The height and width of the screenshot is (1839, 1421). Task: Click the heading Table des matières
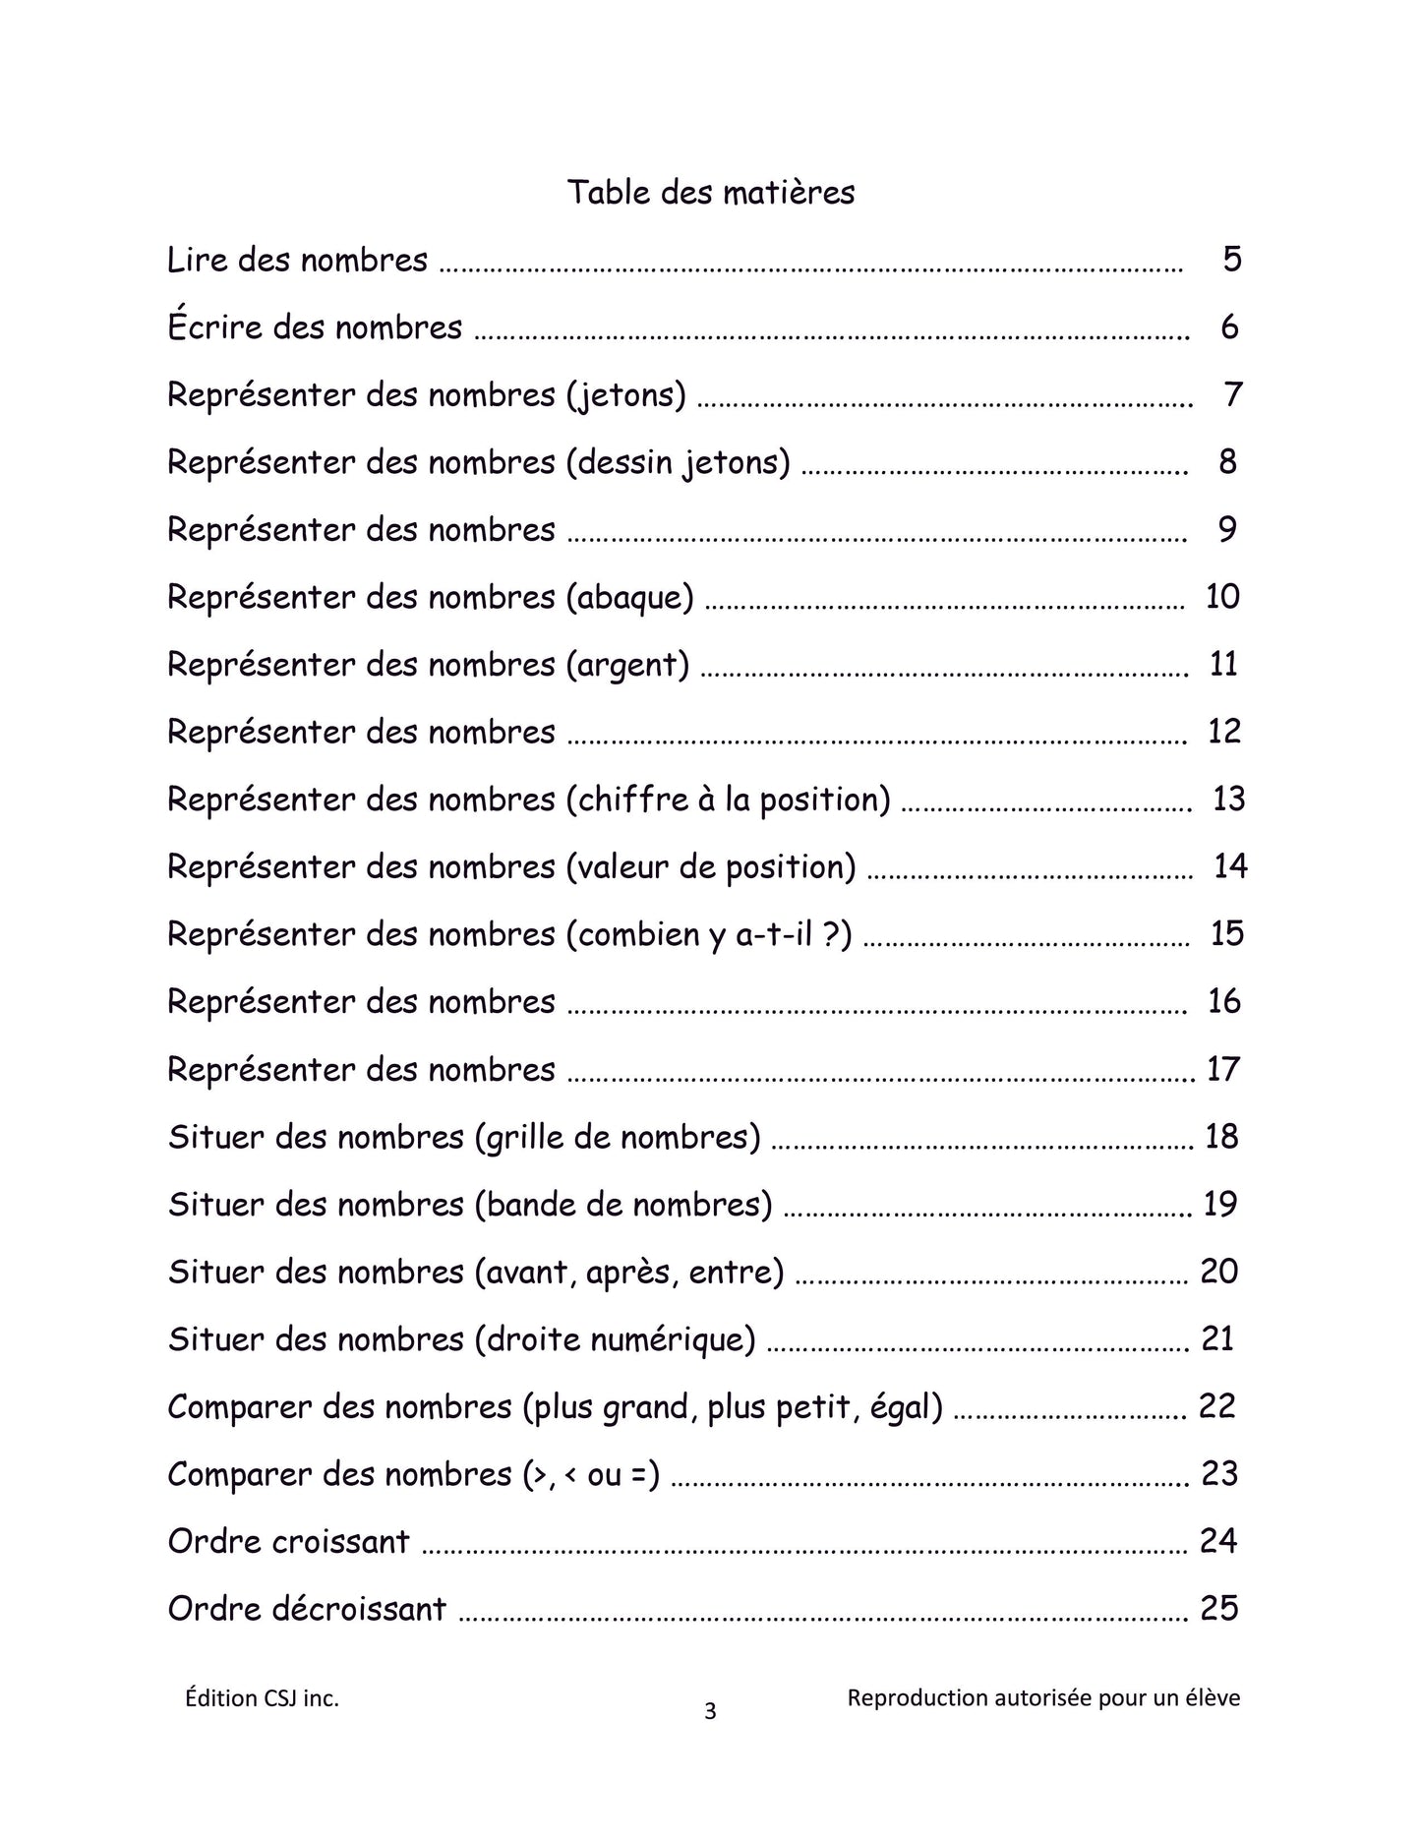pos(710,192)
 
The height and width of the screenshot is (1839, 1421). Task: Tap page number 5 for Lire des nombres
pos(1232,260)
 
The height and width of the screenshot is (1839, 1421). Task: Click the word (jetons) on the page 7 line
pos(625,395)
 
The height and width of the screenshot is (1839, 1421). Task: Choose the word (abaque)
pos(629,597)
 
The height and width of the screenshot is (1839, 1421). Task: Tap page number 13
pos(1228,799)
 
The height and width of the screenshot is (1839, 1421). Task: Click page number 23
pos(1218,1474)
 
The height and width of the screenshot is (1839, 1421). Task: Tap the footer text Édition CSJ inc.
pos(262,1698)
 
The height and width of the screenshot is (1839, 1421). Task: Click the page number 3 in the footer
pos(710,1712)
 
